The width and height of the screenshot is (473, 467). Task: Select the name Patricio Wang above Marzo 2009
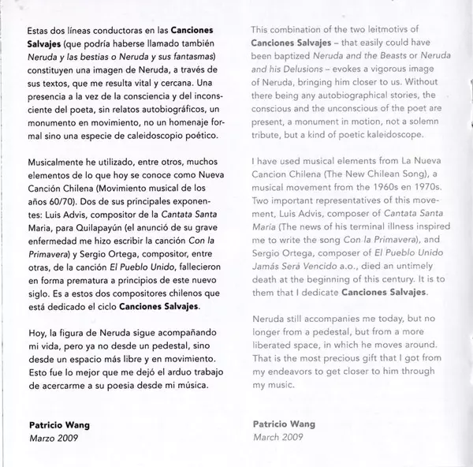point(54,424)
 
